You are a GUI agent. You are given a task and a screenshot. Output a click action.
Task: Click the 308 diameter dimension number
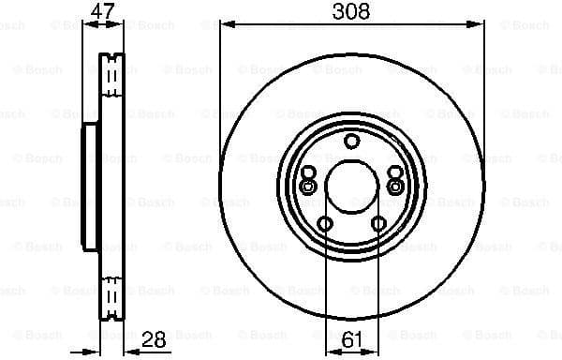pos(351,11)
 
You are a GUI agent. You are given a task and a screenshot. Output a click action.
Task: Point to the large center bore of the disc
pos(351,187)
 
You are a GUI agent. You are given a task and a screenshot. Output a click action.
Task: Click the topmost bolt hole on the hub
pos(351,142)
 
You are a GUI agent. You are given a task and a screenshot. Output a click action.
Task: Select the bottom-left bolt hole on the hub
pos(325,224)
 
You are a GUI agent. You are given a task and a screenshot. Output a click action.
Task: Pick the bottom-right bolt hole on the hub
pos(378,224)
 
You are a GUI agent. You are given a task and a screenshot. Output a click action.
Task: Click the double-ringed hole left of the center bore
pos(307,186)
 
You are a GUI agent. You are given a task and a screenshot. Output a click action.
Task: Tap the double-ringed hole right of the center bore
pos(395,186)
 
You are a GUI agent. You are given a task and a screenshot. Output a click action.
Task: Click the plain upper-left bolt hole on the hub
pos(308,172)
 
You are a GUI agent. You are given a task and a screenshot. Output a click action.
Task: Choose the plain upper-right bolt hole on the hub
pos(394,172)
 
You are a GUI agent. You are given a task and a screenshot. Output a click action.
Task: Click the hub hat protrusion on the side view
pos(89,187)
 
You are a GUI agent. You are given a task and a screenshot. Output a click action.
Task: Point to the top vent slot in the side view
pos(111,70)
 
